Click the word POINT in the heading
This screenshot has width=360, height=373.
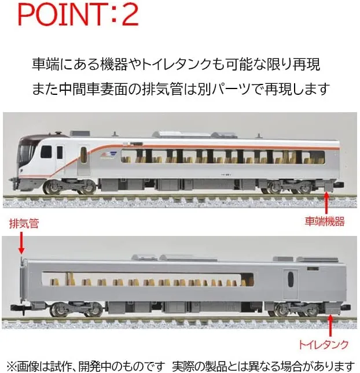pyautogui.click(x=63, y=14)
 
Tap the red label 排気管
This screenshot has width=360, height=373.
pyautogui.click(x=24, y=224)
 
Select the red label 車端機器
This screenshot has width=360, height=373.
pyautogui.click(x=325, y=221)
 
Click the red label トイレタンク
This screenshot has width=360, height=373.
pyautogui.click(x=324, y=345)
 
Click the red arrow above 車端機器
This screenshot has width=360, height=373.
pyautogui.click(x=326, y=203)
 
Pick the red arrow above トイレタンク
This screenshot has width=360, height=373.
pyautogui.click(x=331, y=326)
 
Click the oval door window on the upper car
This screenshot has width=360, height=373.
pyautogui.click(x=83, y=155)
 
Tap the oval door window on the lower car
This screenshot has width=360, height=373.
pyautogui.click(x=291, y=279)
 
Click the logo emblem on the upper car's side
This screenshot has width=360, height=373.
pyautogui.click(x=108, y=155)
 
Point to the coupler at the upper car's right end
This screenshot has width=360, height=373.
pyautogui.click(x=339, y=185)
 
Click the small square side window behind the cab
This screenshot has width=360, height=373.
pyautogui.click(x=46, y=152)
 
